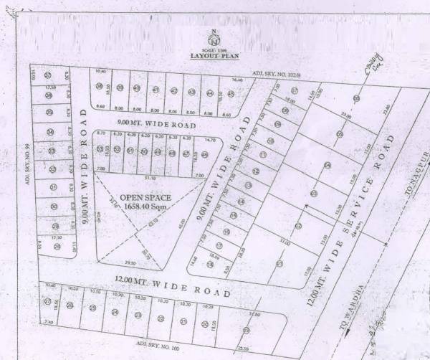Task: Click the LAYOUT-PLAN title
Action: pos(214,55)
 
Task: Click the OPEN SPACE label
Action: pos(140,196)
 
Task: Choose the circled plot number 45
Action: pos(231,93)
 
